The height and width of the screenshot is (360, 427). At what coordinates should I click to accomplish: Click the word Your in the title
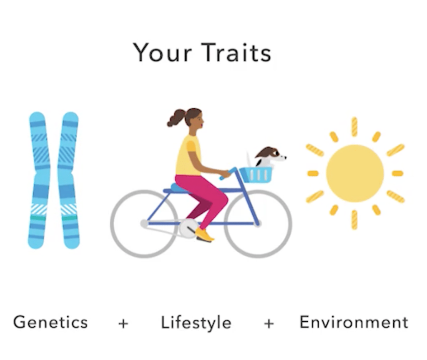click(x=162, y=53)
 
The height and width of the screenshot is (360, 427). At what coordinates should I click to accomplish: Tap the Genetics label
click(x=50, y=322)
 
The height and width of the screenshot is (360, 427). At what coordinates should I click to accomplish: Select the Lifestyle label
click(x=196, y=323)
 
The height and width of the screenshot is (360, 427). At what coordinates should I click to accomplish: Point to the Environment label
click(x=354, y=322)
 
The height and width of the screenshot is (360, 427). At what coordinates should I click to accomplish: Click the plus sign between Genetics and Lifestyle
click(x=123, y=323)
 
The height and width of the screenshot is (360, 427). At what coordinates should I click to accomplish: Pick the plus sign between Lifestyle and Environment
click(x=269, y=323)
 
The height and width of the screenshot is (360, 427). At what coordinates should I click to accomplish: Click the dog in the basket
click(x=270, y=157)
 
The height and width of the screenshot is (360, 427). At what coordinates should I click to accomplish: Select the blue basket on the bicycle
click(x=256, y=175)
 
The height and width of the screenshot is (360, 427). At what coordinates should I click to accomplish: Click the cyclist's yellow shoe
click(x=205, y=235)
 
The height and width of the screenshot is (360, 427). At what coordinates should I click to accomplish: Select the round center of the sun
click(x=355, y=173)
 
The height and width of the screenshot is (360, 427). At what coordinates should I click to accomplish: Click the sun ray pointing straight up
click(x=354, y=127)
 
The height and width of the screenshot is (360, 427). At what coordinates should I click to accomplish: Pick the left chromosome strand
click(x=39, y=180)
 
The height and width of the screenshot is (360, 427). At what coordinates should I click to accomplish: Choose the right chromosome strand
click(x=68, y=180)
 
